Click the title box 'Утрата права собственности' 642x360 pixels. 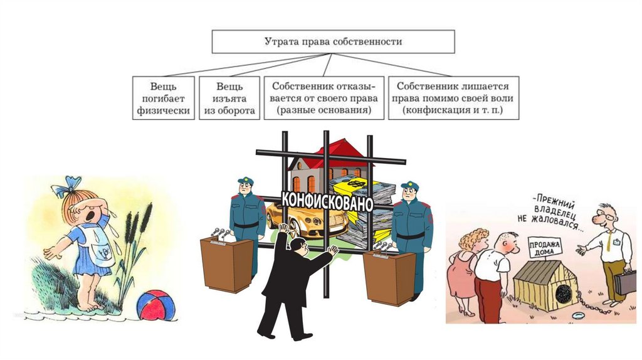click(x=333, y=41)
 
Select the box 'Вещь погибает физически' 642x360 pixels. click(x=162, y=98)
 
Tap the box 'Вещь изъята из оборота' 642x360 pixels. click(x=229, y=98)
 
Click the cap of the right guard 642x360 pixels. click(x=409, y=186)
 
